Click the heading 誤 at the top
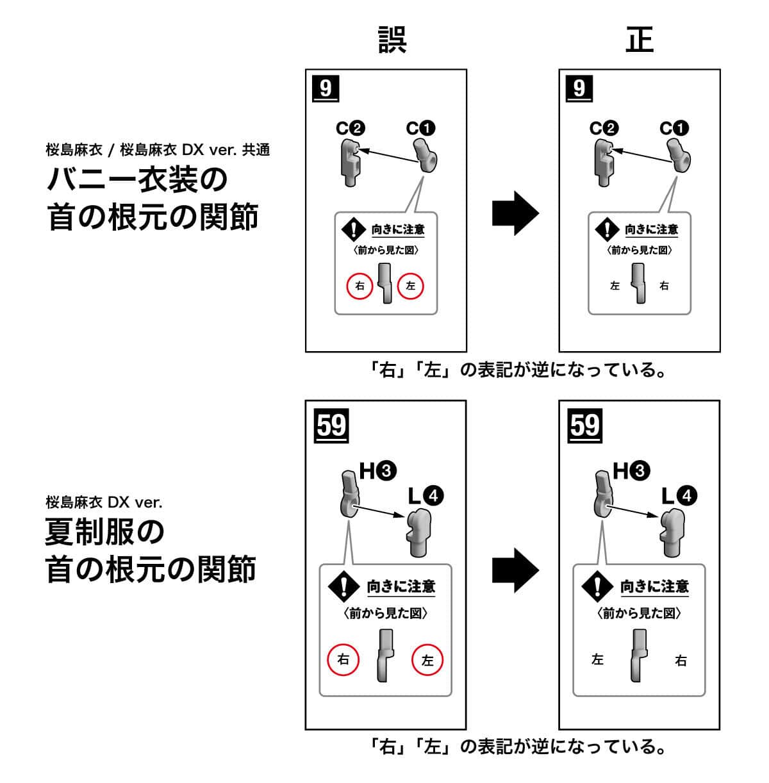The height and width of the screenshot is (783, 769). [x=392, y=39]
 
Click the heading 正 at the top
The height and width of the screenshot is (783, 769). [x=639, y=39]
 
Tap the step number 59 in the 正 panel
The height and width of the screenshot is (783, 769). [x=585, y=425]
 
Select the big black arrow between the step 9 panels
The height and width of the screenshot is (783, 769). [x=515, y=213]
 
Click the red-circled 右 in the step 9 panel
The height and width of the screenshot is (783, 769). [x=360, y=286]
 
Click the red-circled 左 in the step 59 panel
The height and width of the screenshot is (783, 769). [x=427, y=660]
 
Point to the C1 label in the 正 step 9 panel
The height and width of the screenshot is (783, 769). [x=674, y=129]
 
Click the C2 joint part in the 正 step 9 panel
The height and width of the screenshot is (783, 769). [x=603, y=164]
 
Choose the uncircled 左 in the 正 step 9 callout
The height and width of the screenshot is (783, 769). [x=615, y=286]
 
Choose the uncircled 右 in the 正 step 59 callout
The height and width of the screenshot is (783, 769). [x=681, y=660]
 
